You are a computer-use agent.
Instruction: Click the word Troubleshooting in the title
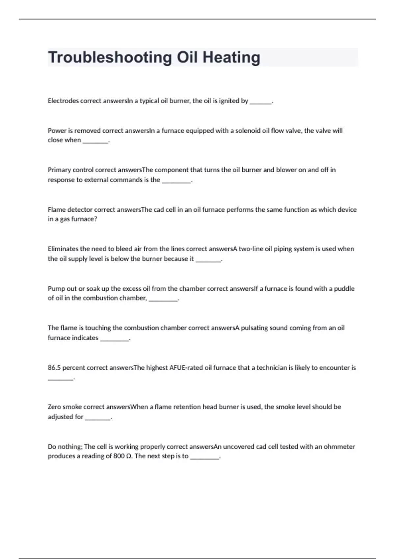(x=110, y=58)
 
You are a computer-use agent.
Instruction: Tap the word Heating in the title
(x=231, y=58)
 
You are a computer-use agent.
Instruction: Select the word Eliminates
(x=63, y=249)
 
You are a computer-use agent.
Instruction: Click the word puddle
(x=344, y=289)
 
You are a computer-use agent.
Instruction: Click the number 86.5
(x=54, y=368)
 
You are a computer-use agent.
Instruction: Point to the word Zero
(x=54, y=407)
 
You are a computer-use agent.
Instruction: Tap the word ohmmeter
(x=339, y=447)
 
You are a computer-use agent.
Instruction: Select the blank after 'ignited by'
(x=261, y=102)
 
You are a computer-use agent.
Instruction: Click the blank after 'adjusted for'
(x=97, y=418)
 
